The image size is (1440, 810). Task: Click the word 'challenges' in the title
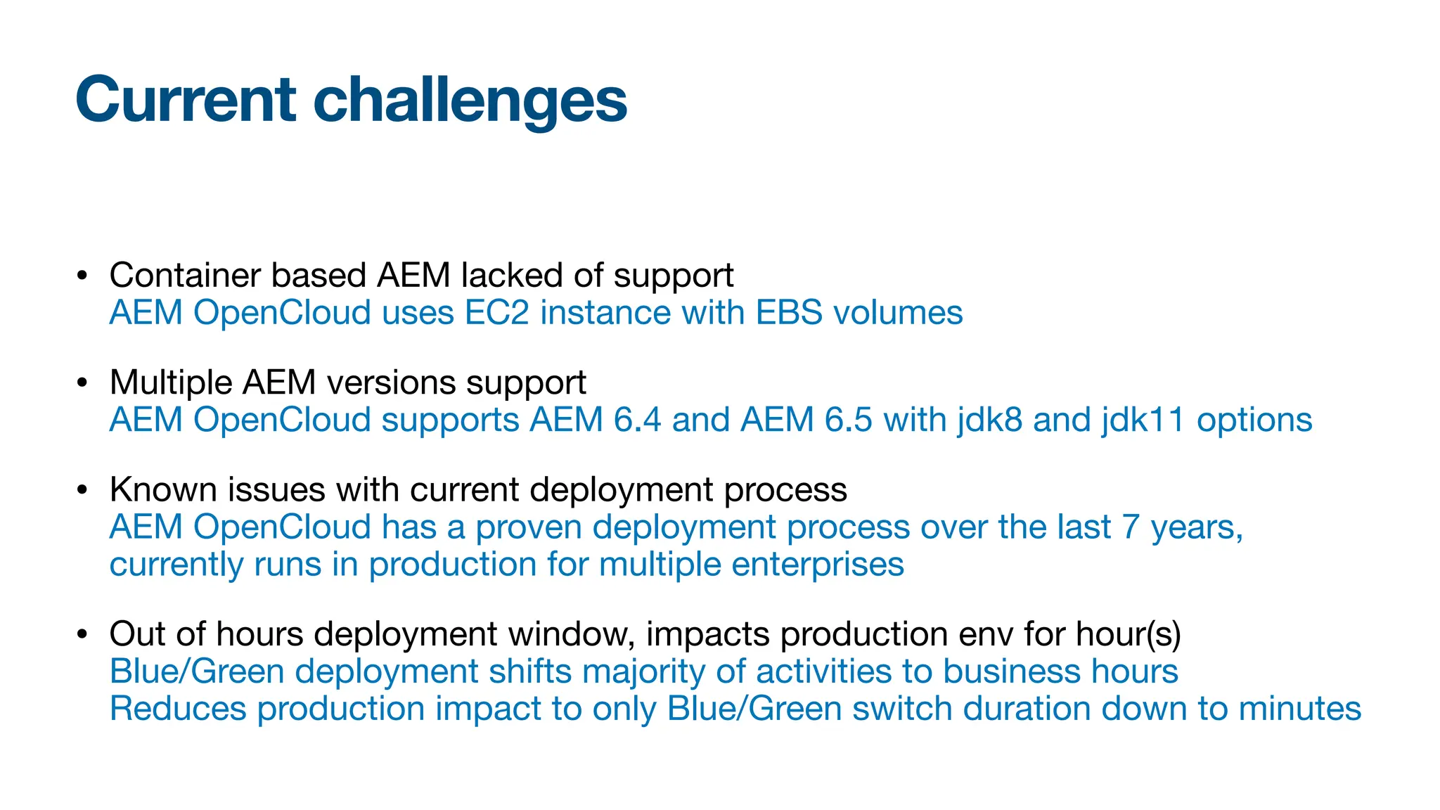point(470,100)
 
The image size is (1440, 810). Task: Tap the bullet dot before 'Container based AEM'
point(82,276)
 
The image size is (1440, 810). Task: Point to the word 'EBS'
point(788,312)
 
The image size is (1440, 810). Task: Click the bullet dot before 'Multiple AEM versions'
point(82,383)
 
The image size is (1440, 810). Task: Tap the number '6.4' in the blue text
point(637,420)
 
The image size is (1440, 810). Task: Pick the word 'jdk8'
point(989,420)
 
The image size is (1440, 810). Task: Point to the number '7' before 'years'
point(1131,527)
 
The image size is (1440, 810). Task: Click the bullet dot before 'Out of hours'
point(82,634)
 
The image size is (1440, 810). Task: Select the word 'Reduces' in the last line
point(178,708)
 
